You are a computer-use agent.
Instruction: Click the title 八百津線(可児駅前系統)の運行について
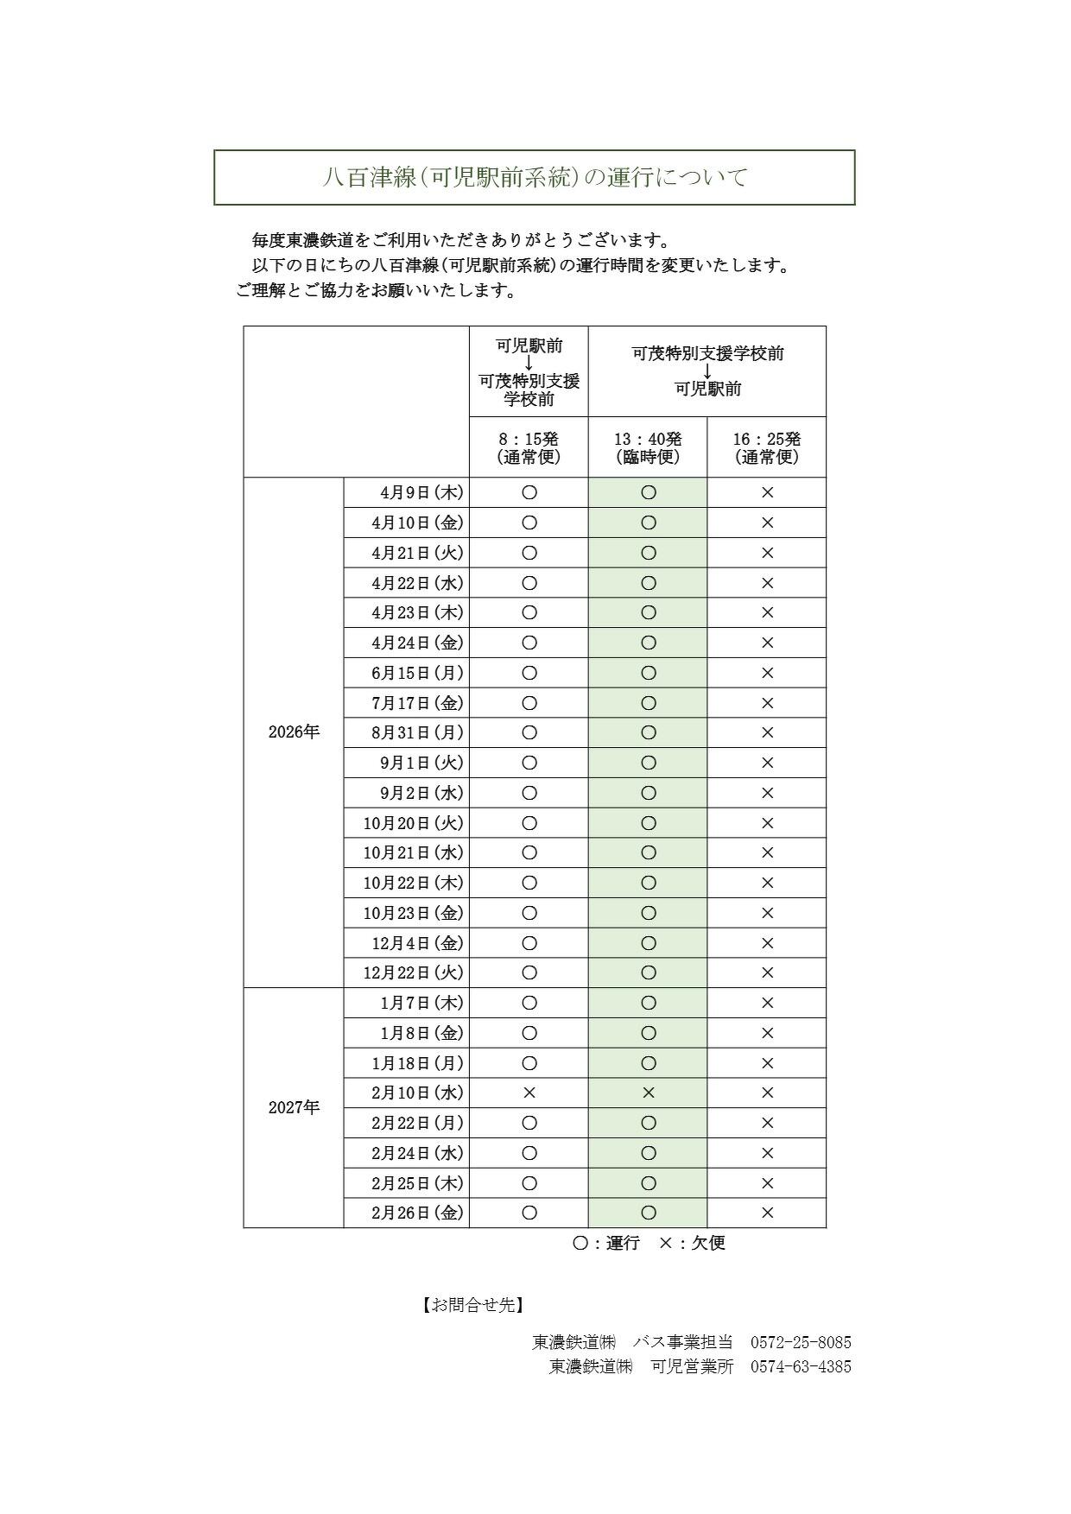coord(535,178)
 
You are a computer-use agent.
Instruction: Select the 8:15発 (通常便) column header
coord(529,448)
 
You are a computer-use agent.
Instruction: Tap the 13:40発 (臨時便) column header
coord(648,448)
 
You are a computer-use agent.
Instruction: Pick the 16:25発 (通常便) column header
coord(767,448)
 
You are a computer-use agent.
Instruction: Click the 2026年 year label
coord(294,732)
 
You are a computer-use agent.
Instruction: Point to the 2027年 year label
coord(294,1108)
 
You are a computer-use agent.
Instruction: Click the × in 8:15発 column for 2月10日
coord(529,1093)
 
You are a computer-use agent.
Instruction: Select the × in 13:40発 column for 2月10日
coord(649,1093)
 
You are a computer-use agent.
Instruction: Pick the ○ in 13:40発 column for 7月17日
coord(649,703)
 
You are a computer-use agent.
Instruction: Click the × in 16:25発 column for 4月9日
coord(767,493)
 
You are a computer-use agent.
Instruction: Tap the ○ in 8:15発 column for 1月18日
coord(529,1063)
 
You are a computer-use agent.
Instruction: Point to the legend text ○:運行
coord(606,1244)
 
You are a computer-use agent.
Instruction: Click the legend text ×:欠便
coord(692,1244)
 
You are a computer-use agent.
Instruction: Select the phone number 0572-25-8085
coord(801,1342)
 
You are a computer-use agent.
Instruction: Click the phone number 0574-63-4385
coord(801,1366)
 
